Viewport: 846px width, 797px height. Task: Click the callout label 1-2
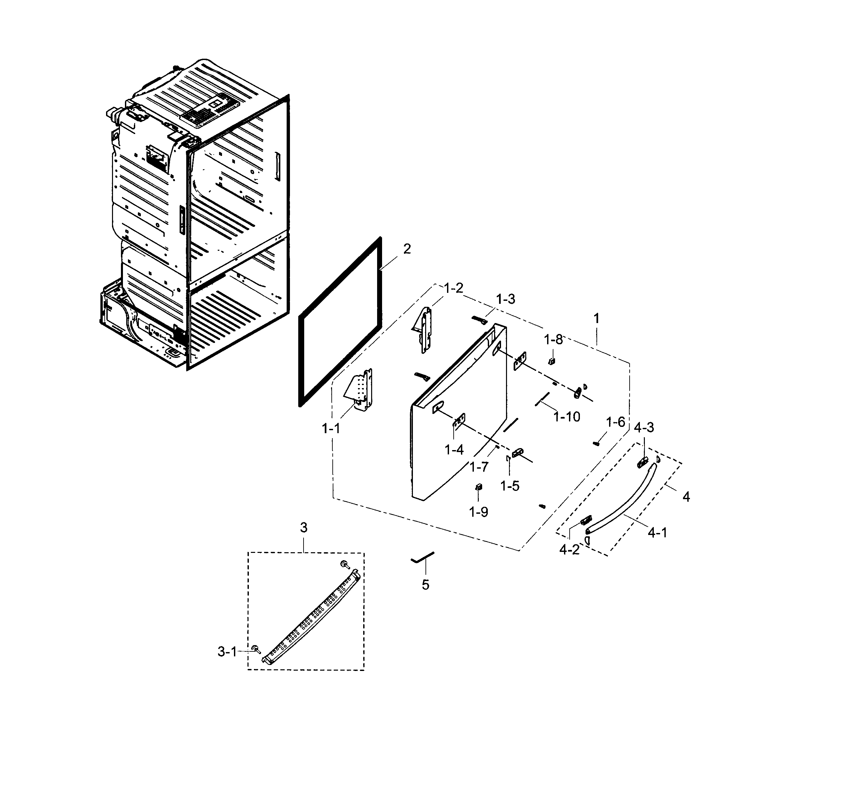click(x=453, y=288)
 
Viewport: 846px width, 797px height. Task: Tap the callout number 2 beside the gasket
click(x=407, y=249)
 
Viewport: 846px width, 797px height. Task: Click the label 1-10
click(x=567, y=417)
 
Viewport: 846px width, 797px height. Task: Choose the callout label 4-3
click(x=644, y=427)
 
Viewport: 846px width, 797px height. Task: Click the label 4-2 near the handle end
click(x=569, y=550)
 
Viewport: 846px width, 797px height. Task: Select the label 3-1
click(x=227, y=652)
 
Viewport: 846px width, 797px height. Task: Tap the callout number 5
click(x=425, y=585)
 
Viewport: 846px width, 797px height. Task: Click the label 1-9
click(x=478, y=512)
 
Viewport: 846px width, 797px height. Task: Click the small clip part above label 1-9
click(x=479, y=487)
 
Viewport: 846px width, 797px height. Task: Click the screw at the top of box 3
click(x=344, y=565)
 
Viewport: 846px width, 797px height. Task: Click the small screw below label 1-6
click(x=596, y=444)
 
